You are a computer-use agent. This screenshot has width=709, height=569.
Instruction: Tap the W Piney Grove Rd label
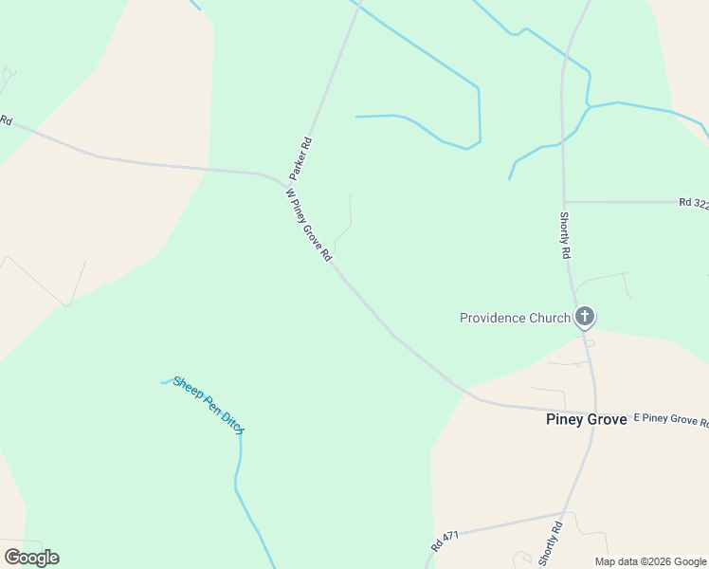(x=309, y=225)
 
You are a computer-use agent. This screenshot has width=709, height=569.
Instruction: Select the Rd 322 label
(x=694, y=203)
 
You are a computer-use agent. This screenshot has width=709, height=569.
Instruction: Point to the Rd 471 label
(x=445, y=541)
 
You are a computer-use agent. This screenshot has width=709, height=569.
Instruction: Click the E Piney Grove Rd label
(x=670, y=420)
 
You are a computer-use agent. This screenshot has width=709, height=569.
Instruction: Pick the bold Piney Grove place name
(x=587, y=419)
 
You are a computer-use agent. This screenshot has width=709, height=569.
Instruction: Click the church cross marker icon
(x=585, y=317)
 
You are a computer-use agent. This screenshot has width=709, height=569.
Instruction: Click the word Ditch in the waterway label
(x=233, y=423)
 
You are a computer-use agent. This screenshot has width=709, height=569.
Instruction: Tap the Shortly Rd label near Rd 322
(x=565, y=235)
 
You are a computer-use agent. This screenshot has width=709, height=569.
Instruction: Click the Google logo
(x=31, y=557)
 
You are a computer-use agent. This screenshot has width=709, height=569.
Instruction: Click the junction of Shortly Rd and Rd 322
(x=564, y=202)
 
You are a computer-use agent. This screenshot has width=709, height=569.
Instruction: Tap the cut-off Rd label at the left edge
(x=6, y=120)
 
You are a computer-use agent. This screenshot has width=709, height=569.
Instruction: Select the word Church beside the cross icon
(x=549, y=318)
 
